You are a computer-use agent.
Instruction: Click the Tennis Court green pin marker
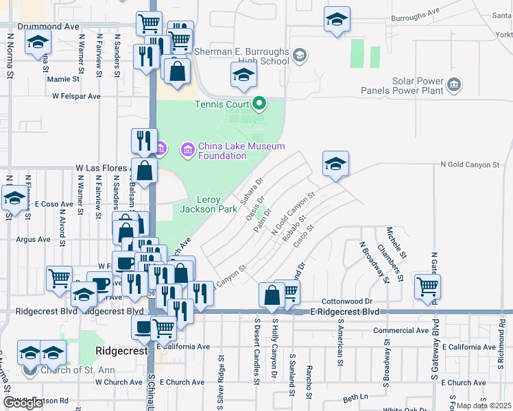[259, 105]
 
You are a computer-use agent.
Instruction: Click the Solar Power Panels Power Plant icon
[453, 85]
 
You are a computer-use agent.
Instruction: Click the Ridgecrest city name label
[120, 350]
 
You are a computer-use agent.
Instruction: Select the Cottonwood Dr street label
[350, 301]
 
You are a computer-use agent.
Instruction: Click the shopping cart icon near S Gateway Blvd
[427, 286]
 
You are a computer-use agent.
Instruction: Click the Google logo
[23, 403]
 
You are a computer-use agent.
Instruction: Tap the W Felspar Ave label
[77, 97]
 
